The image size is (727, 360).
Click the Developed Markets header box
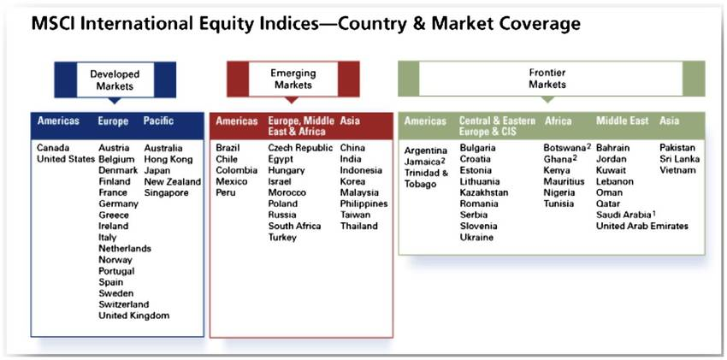pos(115,80)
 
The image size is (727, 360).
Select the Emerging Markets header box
pos(293,79)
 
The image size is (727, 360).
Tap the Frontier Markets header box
pos(552,79)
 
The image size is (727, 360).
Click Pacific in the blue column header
pos(158,121)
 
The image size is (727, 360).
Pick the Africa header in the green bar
pos(559,121)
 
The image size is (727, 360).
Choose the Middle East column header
pos(622,121)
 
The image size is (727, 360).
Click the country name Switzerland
pos(124,304)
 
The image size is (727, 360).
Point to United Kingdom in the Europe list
pos(134,316)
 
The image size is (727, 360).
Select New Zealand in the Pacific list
pos(173,181)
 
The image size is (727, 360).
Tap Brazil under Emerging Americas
pos(228,148)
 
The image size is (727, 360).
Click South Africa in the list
pos(294,226)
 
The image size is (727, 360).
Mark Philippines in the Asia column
pos(364,204)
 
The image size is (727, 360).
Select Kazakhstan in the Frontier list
pos(484,192)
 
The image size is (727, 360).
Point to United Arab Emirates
pos(642,226)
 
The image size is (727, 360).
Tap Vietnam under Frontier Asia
pos(677,170)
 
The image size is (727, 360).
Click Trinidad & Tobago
pos(427,179)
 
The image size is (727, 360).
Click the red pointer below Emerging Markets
pos(291,99)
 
